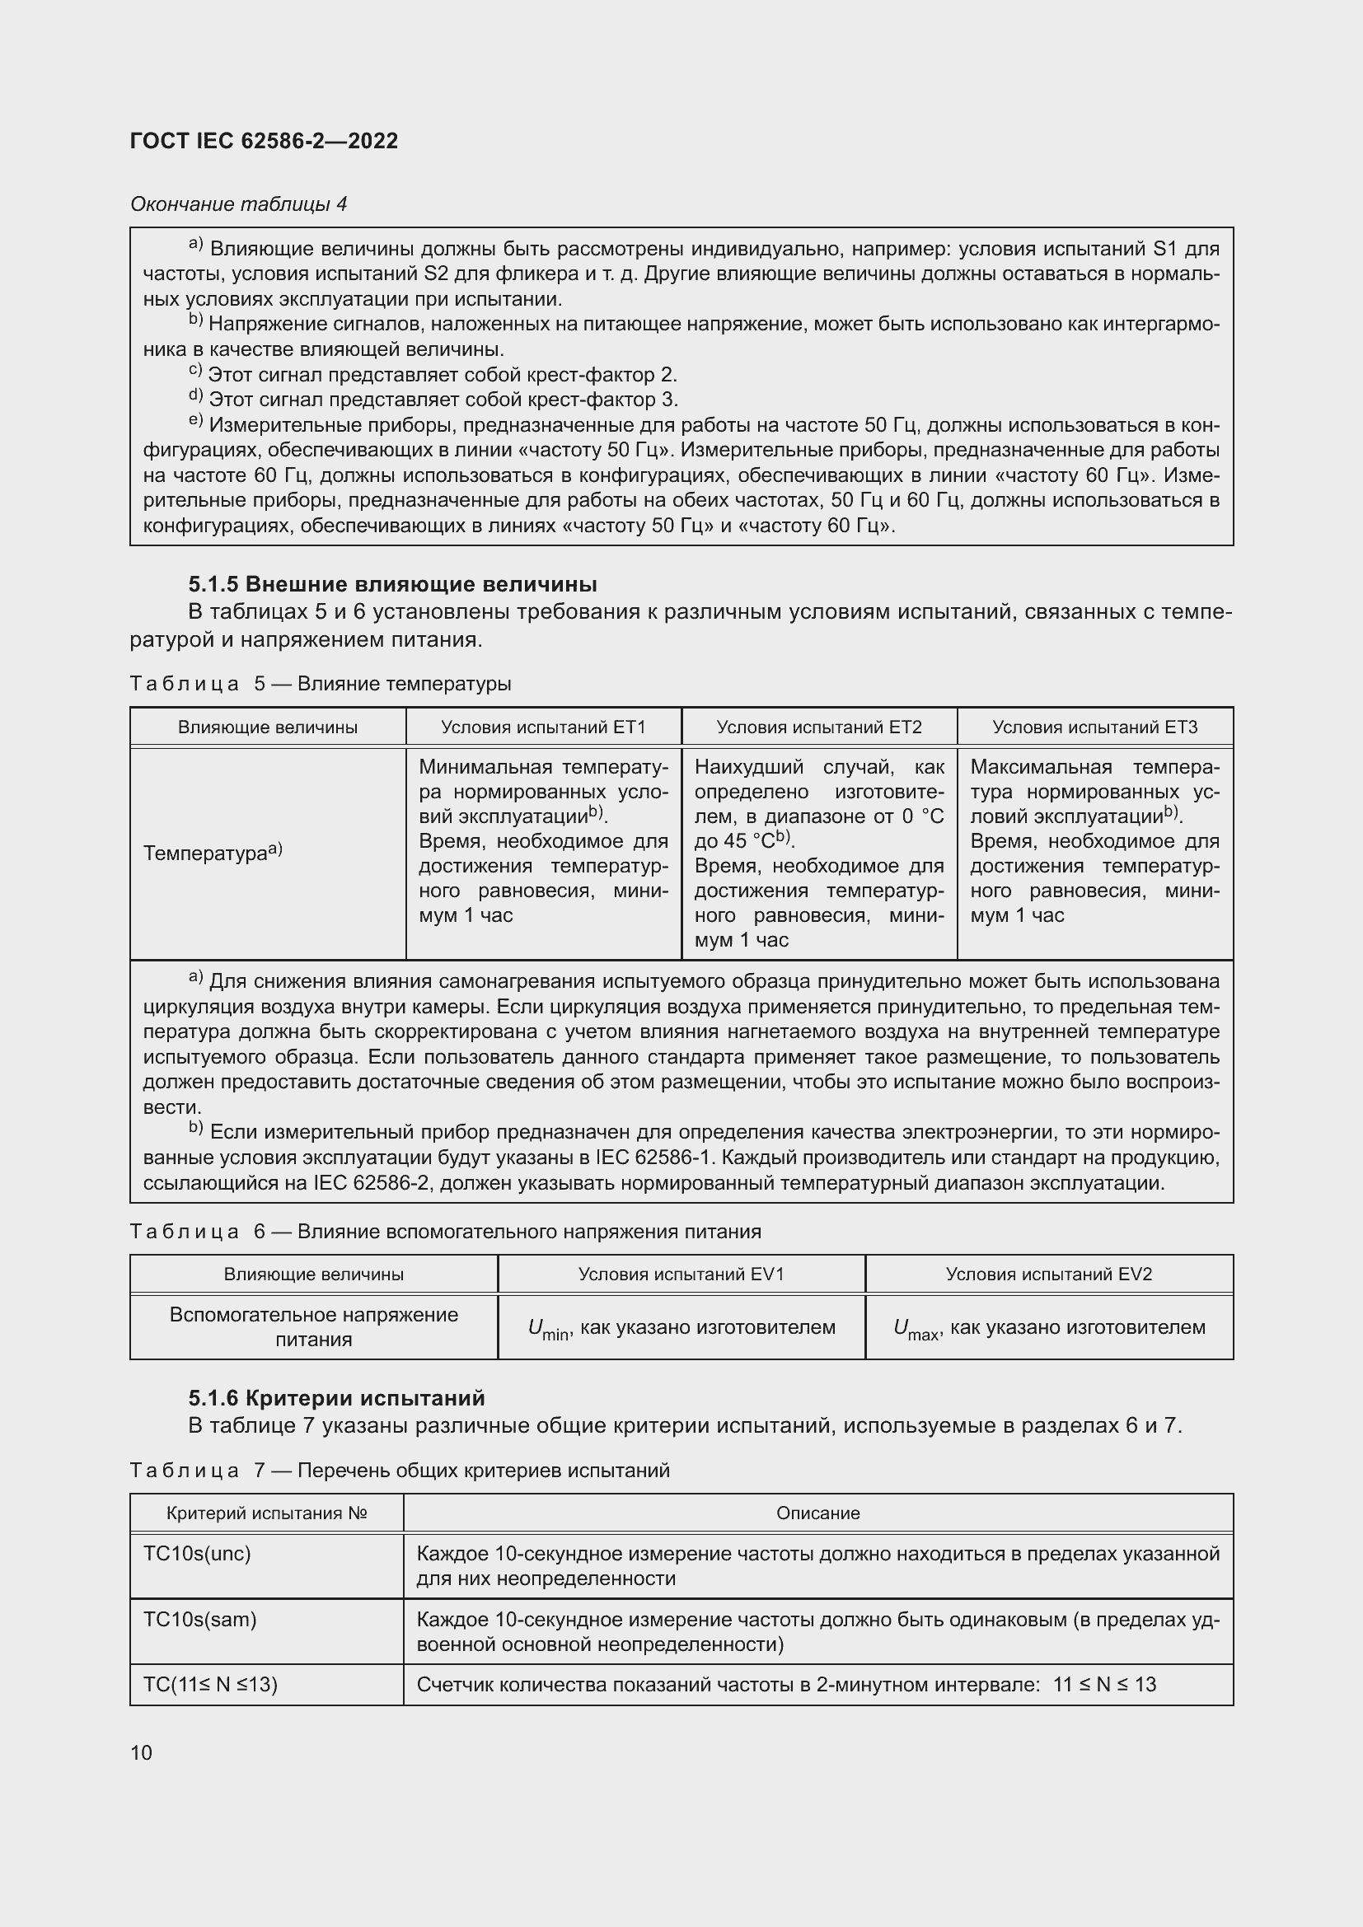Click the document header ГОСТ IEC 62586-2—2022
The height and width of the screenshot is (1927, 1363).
[x=264, y=141]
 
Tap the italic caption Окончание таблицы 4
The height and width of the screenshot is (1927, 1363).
[x=238, y=204]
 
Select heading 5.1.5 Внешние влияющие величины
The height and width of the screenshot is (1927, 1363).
[x=392, y=583]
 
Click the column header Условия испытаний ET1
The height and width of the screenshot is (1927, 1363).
[x=543, y=727]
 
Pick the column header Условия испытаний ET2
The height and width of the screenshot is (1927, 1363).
[x=818, y=727]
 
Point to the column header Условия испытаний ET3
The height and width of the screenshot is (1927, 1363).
[x=1094, y=727]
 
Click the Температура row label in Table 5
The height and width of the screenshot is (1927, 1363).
[x=213, y=853]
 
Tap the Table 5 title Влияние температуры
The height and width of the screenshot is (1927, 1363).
[x=320, y=683]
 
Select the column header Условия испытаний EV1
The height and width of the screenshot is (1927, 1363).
[x=681, y=1274]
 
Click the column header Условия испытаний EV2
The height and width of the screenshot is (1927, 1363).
[x=1048, y=1274]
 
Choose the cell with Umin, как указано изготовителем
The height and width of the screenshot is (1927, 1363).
[x=681, y=1328]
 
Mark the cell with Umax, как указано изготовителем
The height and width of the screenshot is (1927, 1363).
[x=1048, y=1328]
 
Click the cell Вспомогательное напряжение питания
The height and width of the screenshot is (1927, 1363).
[x=313, y=1327]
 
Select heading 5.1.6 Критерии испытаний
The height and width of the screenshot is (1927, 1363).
[x=335, y=1397]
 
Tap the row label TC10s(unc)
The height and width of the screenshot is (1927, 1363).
[x=197, y=1554]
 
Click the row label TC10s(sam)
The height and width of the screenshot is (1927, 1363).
[x=199, y=1619]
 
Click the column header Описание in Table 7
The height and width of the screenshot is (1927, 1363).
[x=817, y=1513]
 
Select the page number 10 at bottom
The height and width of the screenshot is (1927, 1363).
[x=141, y=1752]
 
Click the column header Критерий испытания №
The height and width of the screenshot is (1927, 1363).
[x=266, y=1513]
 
